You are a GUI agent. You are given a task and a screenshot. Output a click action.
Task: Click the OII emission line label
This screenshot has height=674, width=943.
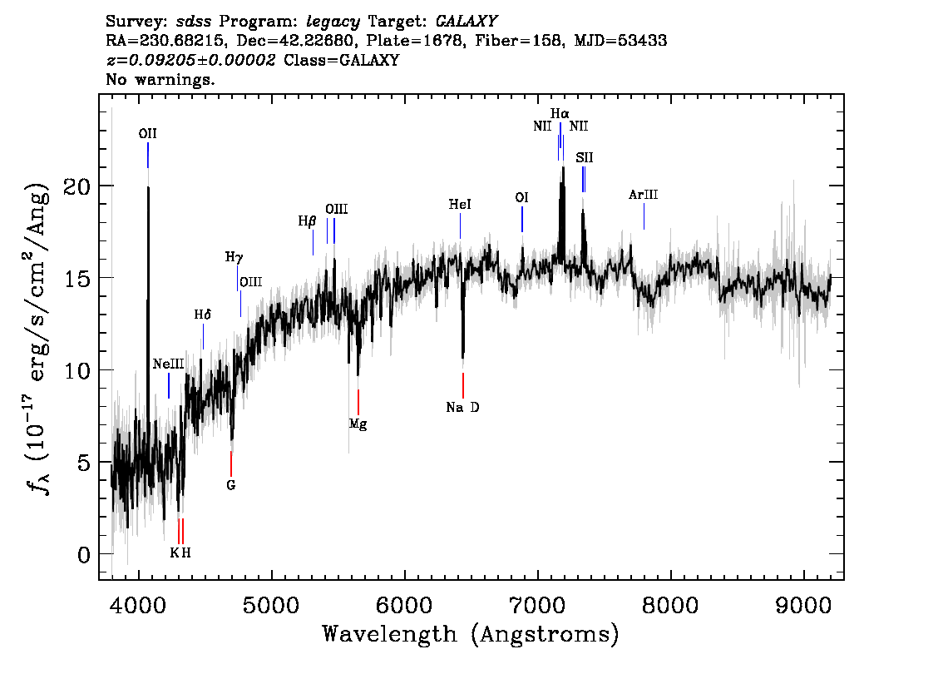tap(148, 133)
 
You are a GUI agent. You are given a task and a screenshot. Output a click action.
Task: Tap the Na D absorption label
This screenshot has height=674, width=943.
tap(462, 408)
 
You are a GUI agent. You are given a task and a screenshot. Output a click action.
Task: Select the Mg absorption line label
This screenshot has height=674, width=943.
tap(358, 424)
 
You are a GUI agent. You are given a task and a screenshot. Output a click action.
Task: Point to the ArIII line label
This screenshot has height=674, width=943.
tap(644, 196)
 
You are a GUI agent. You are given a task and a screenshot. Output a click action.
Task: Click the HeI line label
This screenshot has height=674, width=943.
tap(460, 205)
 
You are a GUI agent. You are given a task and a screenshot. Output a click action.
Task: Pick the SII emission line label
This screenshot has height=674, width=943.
tap(585, 157)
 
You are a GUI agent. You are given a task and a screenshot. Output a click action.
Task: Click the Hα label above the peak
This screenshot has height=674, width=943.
tap(560, 113)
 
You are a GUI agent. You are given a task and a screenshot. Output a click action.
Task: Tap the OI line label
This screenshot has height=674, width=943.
tap(522, 198)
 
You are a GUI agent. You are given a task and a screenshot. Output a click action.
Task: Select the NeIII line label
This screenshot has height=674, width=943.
tap(169, 364)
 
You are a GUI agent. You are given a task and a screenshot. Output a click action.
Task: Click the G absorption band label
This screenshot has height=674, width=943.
tap(231, 485)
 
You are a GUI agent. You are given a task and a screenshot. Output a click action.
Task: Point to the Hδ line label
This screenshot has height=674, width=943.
tap(203, 315)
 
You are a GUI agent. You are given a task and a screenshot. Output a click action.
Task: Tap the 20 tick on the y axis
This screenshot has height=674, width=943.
tap(77, 186)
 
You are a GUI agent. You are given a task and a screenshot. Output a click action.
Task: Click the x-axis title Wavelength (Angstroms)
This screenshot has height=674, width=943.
tap(471, 635)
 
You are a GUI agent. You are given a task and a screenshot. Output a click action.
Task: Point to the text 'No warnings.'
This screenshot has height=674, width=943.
tap(160, 81)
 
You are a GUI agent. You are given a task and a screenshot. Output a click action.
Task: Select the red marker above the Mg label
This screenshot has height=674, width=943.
tap(358, 401)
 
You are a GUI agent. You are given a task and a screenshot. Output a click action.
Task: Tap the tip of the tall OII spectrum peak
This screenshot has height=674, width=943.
tap(148, 188)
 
